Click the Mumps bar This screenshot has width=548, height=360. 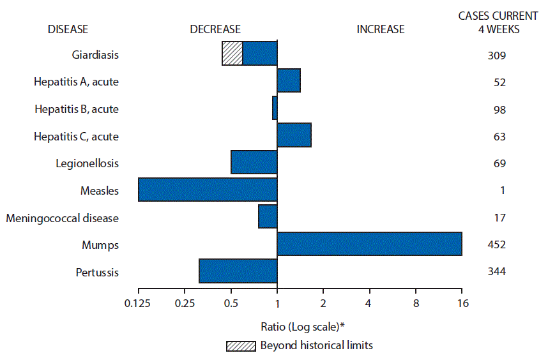point(369,244)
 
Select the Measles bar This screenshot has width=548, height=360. point(208,190)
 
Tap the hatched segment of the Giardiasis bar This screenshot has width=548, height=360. point(232,54)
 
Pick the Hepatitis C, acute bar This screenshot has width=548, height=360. point(294,136)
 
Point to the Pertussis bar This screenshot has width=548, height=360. point(238,271)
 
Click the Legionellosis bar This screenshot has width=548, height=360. point(254,163)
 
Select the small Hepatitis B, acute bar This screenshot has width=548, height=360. point(275,109)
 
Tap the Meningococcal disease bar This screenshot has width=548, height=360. point(268,217)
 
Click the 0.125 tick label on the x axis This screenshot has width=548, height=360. point(138,303)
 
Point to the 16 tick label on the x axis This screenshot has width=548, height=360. point(462,303)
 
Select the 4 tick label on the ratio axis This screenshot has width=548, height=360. point(369,303)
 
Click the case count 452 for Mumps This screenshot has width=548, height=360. point(496,244)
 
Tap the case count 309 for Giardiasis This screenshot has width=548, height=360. point(496,56)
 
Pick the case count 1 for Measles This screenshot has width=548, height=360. point(496,190)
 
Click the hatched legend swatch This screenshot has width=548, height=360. point(240,346)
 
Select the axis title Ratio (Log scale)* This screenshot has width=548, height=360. point(303,327)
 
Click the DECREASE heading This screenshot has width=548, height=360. point(215,29)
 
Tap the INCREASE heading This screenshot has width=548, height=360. point(380,29)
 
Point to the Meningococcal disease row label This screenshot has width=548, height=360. point(62,218)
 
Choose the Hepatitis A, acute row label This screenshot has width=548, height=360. point(76,82)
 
